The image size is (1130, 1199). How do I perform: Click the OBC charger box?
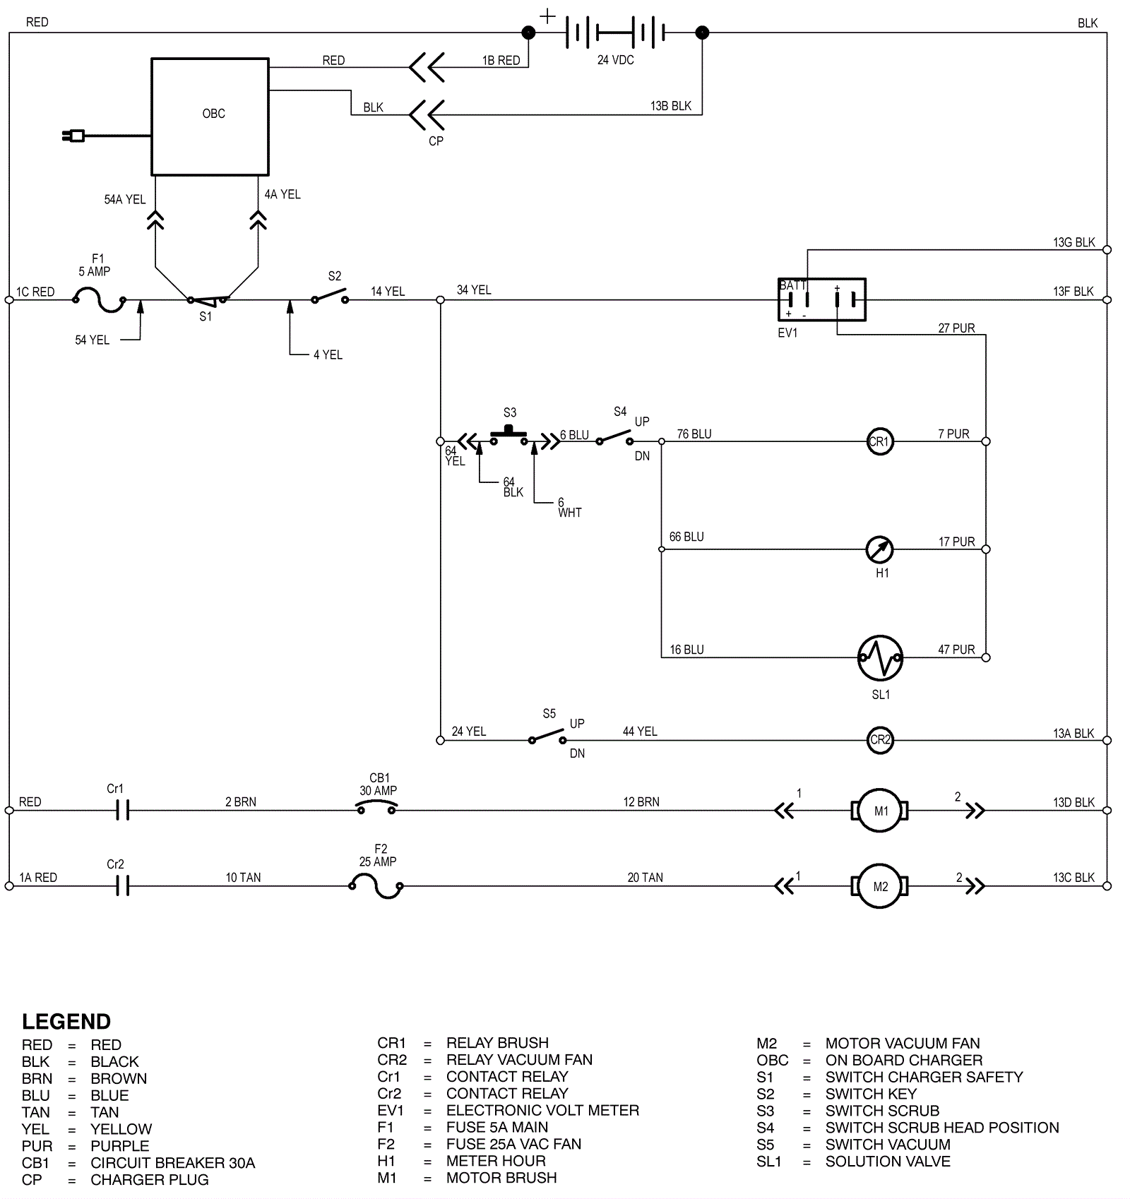tap(210, 117)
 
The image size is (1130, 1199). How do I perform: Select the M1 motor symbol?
tap(880, 811)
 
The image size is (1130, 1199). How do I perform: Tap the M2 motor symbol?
tap(880, 886)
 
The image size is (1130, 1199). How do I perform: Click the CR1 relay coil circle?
tap(879, 442)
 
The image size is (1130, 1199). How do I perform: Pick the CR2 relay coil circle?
tap(880, 740)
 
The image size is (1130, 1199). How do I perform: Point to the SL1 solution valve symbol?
tap(880, 657)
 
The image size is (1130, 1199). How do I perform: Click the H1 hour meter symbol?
tap(879, 549)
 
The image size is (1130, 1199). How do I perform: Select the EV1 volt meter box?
tap(821, 299)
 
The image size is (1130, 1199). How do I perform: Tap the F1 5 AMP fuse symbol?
tap(99, 300)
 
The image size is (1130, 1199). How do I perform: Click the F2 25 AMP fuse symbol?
tap(376, 885)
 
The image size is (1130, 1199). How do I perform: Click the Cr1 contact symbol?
tap(122, 811)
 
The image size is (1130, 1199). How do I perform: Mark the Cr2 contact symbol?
tap(122, 886)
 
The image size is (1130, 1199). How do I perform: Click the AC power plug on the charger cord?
tap(73, 136)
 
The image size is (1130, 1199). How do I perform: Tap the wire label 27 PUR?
tap(956, 328)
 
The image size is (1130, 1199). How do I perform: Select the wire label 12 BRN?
tap(641, 802)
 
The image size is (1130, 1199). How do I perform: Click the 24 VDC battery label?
tap(615, 60)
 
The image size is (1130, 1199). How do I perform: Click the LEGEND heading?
tap(66, 1022)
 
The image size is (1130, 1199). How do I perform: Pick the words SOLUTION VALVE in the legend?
tap(888, 1161)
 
